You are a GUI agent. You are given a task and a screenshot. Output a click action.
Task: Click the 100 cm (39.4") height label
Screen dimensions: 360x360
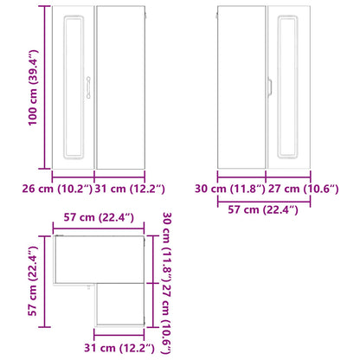[x=33, y=87]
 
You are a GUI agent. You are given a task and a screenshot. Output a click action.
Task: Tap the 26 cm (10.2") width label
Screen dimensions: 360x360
[x=57, y=189]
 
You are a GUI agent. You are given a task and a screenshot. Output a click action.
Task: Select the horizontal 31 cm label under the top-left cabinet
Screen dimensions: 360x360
[x=130, y=189]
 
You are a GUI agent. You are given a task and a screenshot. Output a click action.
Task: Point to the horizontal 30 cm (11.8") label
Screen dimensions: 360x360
[x=230, y=189]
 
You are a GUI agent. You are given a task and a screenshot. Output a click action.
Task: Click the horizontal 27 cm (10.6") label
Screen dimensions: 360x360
[x=304, y=189]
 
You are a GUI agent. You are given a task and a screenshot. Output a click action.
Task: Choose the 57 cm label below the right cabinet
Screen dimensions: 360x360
[x=263, y=209]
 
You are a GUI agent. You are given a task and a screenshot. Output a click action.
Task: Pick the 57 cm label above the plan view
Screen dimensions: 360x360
[x=99, y=217]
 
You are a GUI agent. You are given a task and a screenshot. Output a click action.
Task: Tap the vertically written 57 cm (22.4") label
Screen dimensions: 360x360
[x=33, y=281]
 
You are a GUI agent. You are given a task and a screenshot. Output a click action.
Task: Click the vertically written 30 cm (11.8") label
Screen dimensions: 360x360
[x=167, y=247]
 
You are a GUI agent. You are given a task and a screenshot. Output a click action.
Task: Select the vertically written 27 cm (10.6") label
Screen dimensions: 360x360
[x=167, y=318]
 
